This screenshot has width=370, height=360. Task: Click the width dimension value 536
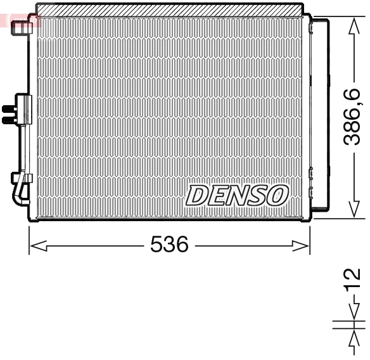(x=169, y=244)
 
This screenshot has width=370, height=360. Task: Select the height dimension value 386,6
(x=352, y=117)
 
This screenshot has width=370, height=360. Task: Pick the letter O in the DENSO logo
(x=277, y=195)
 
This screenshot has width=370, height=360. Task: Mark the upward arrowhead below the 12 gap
(x=354, y=337)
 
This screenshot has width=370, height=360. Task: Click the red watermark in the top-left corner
(x=19, y=19)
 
